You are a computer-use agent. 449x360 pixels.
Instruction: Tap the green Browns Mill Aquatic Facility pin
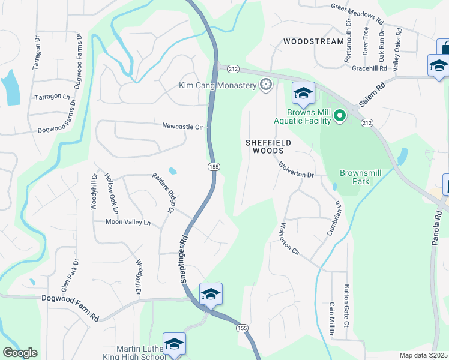(340, 114)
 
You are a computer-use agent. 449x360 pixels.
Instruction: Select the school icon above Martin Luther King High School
(174, 343)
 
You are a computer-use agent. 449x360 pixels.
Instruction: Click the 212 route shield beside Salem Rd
(366, 122)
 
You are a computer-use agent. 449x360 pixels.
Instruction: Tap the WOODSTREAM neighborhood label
(313, 42)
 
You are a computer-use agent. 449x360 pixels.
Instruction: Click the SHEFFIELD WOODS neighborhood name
(268, 146)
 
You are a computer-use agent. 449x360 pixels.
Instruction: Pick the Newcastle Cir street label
(183, 127)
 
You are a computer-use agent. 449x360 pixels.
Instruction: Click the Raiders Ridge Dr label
(163, 193)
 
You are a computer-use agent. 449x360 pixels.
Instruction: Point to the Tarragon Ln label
(52, 97)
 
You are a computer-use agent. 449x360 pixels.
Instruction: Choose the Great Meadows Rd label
(357, 13)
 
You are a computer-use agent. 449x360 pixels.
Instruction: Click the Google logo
(20, 352)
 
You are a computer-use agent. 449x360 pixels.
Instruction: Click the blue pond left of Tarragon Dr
(10, 88)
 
